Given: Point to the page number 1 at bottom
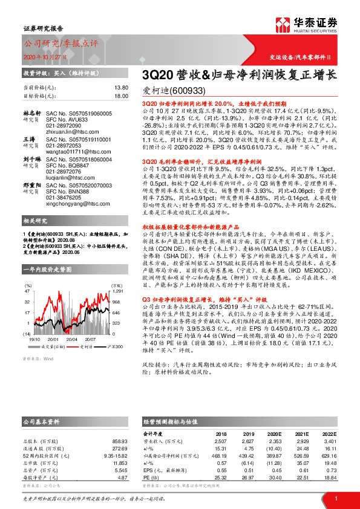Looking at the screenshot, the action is [335, 498].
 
